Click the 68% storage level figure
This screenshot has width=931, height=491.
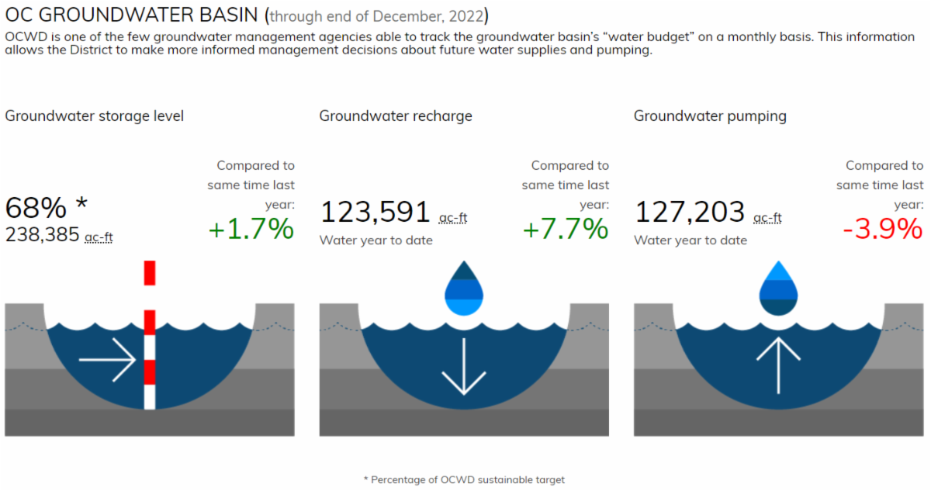pos(36,209)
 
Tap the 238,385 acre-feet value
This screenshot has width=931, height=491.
pos(43,234)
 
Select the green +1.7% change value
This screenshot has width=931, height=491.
pos(251,229)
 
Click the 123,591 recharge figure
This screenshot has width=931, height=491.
pos(376,213)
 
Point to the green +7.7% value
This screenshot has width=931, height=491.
pos(566,229)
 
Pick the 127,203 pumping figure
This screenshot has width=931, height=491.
pos(690,213)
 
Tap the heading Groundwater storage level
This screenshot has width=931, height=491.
pos(95,116)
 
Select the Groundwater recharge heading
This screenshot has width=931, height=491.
pos(396,116)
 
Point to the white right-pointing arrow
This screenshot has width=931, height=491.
pos(108,360)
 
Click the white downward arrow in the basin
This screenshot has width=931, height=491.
pos(464,366)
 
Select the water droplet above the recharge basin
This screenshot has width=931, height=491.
pos(464,289)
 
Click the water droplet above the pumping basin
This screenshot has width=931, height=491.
pos(778,288)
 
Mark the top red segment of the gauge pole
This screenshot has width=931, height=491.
pos(150,273)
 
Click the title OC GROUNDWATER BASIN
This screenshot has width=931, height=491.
pos(133,16)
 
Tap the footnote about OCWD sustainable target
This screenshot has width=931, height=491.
pos(464,479)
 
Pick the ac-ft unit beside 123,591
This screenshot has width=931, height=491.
pos(453,218)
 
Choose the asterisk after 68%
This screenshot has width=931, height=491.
pos(81,204)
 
